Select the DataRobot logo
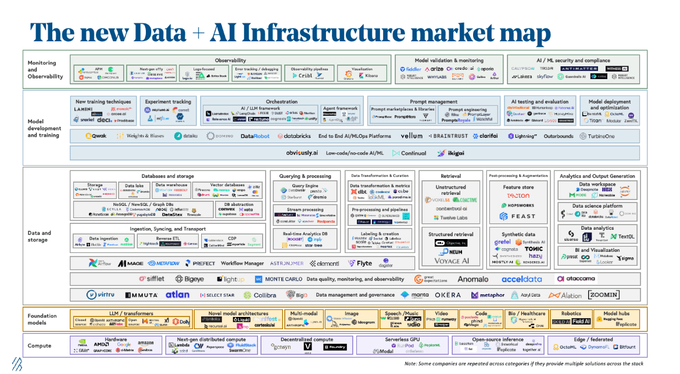click(x=255, y=136)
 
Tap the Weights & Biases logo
click(x=138, y=136)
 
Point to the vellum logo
click(x=411, y=136)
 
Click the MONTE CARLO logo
click(x=280, y=279)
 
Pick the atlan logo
click(x=177, y=295)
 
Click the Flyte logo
click(x=360, y=263)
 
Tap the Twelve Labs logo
click(x=451, y=218)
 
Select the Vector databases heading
click(x=227, y=184)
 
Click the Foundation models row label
click(x=42, y=319)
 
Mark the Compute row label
click(x=40, y=345)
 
